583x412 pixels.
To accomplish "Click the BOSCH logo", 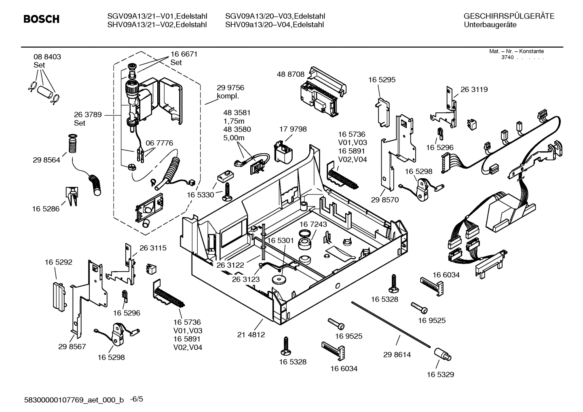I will pos(41,19).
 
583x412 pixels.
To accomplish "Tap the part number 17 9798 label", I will pos(293,129).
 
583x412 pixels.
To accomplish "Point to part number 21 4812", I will pos(251,335).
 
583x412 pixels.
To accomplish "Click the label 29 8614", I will pos(397,355).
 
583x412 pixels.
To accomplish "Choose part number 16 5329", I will pos(440,374).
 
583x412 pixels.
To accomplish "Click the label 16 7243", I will pos(313,224).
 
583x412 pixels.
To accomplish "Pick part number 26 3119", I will pos(474,89).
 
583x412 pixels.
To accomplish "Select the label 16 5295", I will pos(382,80).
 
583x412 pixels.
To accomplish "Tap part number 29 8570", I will pos(385,200).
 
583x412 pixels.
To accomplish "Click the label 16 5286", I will pos(46,209).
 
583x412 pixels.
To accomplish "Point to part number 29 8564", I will pos(46,160).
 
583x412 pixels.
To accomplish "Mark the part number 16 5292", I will pos(58,262).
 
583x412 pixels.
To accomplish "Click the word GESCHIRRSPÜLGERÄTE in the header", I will pos(509,16).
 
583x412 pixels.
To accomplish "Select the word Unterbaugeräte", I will pos(490,25).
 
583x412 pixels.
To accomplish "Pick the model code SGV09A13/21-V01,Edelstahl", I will pos(157,16).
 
